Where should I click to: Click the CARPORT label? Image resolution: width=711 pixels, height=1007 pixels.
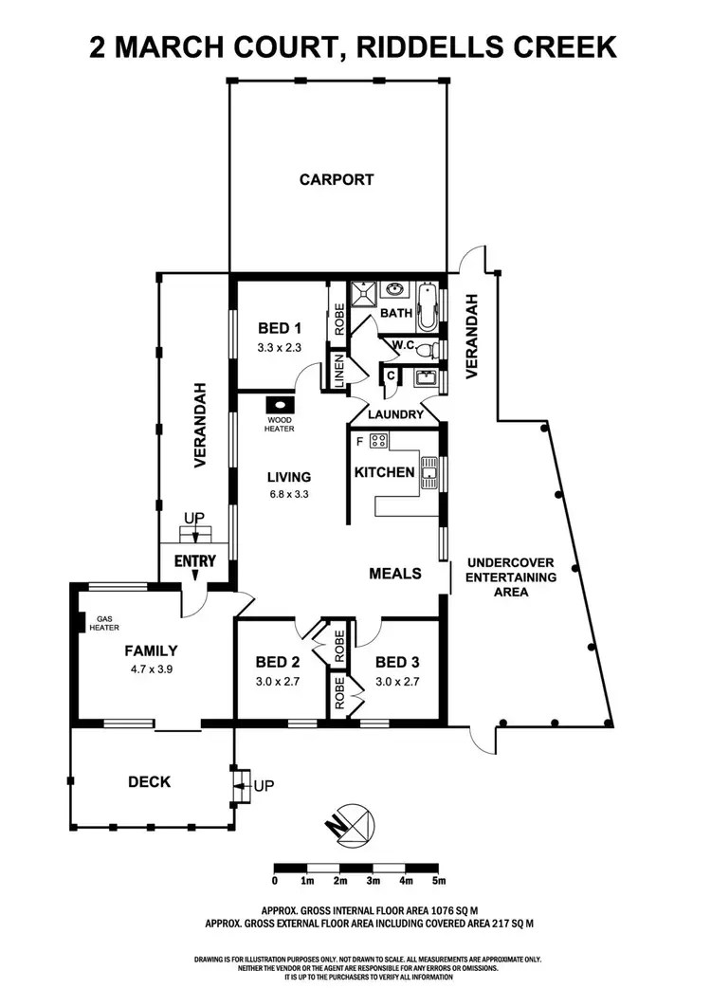click(x=337, y=179)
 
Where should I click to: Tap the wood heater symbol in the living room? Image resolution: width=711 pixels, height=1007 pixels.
click(x=280, y=402)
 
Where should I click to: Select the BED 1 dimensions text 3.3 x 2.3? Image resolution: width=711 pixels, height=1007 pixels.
click(x=280, y=348)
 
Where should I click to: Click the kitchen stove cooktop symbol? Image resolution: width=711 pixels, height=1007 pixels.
click(x=379, y=440)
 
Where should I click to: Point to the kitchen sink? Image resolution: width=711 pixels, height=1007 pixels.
click(x=429, y=471)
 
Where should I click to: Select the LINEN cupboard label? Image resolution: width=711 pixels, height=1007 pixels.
click(x=337, y=371)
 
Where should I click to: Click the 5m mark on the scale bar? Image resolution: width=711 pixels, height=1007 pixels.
click(x=439, y=881)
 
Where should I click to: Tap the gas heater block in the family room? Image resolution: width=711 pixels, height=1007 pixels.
click(x=77, y=625)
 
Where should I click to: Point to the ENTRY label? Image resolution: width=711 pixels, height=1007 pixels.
click(x=194, y=560)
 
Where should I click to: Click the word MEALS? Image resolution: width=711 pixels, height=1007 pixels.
click(x=394, y=573)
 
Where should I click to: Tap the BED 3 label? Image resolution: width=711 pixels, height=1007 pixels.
click(x=396, y=662)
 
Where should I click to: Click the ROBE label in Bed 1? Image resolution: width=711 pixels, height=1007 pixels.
click(x=337, y=320)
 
